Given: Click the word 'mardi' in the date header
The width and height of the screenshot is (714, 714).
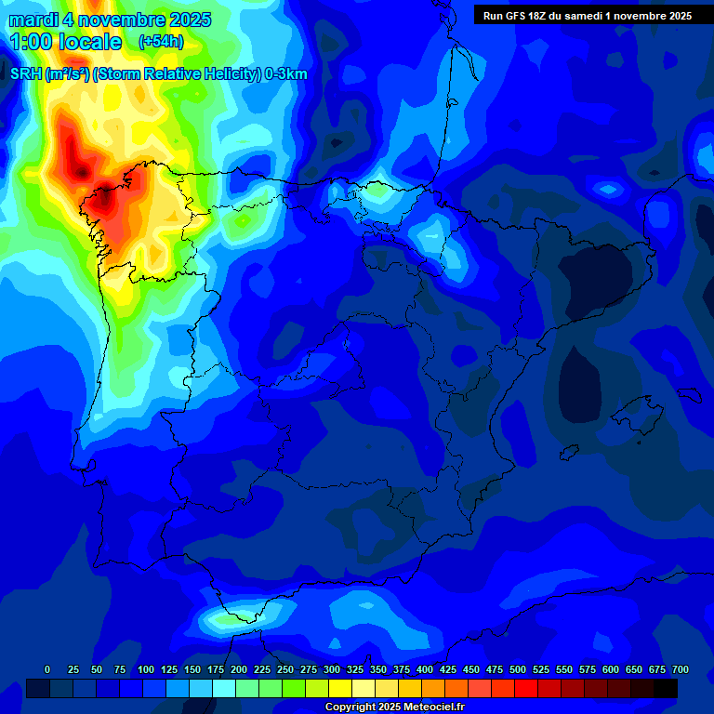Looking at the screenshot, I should [x=33, y=20].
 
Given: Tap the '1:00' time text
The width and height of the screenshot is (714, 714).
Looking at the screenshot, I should [x=30, y=42].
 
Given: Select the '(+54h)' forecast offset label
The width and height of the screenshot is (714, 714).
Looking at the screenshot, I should [x=162, y=41].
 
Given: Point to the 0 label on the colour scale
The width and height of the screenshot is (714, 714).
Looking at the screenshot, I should [x=47, y=669].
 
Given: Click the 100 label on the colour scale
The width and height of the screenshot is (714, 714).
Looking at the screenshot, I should [x=146, y=669].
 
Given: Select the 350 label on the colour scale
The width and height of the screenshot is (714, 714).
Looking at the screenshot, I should [x=378, y=669].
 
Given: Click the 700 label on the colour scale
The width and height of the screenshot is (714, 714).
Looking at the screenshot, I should [x=681, y=669].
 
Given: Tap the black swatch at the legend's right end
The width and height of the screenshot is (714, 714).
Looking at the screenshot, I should [x=666, y=688].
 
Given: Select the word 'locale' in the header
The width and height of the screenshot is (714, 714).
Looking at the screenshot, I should [x=88, y=42].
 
